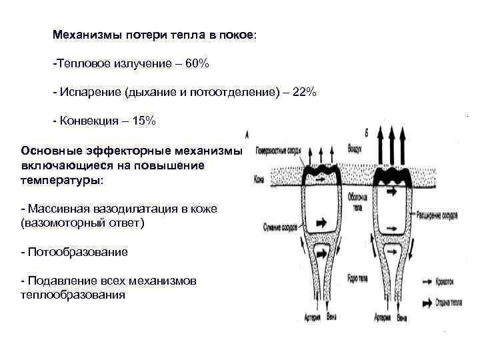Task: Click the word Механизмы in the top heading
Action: click(x=83, y=35)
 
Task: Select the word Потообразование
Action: click(x=77, y=253)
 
